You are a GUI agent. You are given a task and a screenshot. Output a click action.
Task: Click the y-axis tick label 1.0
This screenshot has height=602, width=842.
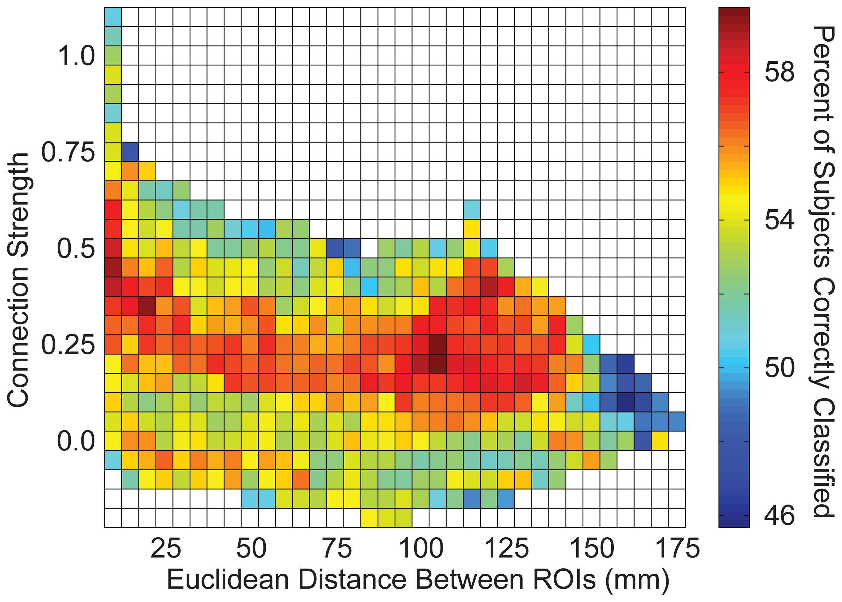[x=76, y=56]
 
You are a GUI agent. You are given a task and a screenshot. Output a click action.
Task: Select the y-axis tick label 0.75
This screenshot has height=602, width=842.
[x=68, y=152]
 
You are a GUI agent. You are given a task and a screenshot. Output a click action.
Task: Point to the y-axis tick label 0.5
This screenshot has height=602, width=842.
[x=76, y=248]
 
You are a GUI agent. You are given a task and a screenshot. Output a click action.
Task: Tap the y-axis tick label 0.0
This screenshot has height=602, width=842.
[x=76, y=441]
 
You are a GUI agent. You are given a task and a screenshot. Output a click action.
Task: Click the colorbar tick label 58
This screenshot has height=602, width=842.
[x=779, y=72]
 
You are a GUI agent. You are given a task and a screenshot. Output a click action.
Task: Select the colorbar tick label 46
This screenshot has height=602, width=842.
[x=779, y=516]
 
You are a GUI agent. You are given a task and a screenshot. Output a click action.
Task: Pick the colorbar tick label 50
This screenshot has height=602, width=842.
[x=779, y=368]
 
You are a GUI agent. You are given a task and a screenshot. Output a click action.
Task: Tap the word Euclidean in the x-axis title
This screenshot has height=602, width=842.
[x=227, y=580]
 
